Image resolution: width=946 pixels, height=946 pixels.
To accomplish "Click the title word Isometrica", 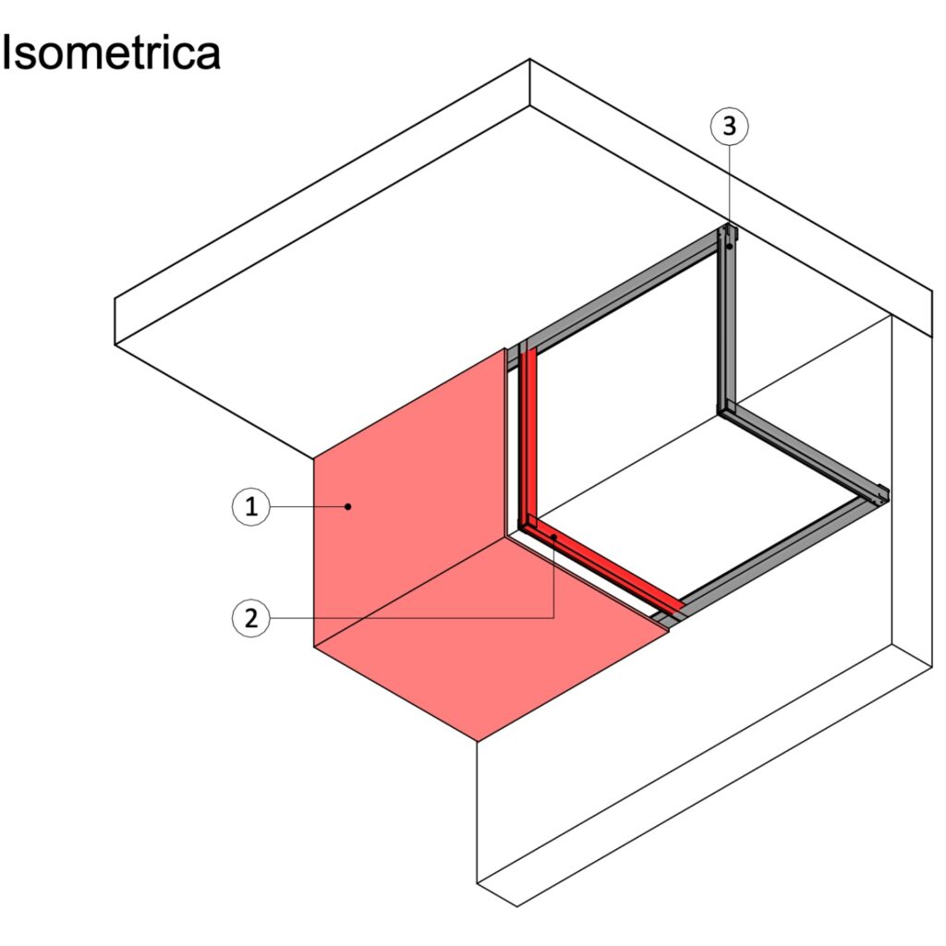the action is point(111,53).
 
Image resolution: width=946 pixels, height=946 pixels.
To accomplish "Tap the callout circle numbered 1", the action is point(251,506).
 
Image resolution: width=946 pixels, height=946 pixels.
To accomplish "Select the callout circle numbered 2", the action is point(251,618).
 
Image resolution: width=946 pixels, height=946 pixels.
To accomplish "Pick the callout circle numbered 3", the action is point(730,126).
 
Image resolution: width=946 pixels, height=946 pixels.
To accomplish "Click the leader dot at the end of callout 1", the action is point(348,506).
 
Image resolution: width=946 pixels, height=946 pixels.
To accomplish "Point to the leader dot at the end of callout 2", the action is point(554,536).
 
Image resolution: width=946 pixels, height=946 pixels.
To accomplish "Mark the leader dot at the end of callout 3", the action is point(730,246).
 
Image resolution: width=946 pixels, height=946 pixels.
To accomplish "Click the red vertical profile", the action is point(528,437).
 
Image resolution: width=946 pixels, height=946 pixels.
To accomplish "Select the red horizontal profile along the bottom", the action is point(603,566).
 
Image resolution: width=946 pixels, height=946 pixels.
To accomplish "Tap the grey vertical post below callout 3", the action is point(726,320).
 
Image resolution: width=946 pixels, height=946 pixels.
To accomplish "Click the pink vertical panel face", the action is point(409,497).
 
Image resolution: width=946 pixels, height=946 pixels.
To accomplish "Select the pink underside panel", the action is point(491,639).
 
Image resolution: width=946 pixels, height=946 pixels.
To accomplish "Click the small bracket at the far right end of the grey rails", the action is point(881,494).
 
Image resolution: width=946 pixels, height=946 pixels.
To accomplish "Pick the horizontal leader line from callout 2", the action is point(412,618).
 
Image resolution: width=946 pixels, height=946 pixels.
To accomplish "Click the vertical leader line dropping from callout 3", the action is point(730,196).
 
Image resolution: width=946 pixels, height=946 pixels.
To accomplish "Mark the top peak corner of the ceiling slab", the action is point(529,59).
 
